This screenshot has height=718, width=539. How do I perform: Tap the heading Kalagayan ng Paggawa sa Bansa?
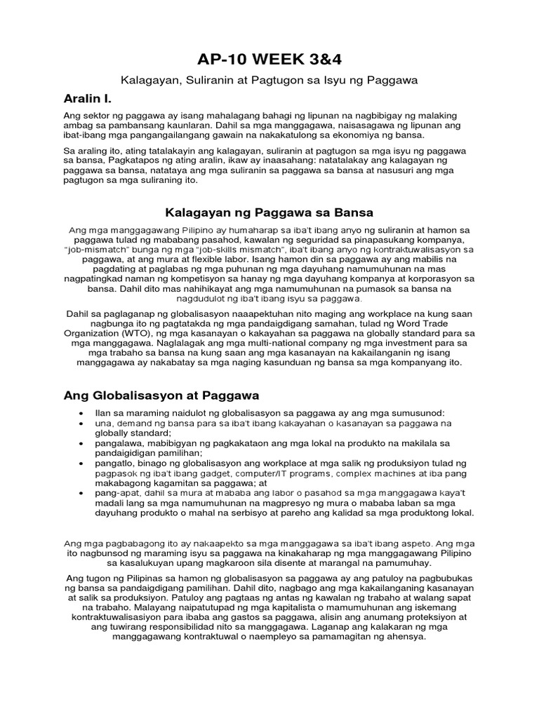(269, 212)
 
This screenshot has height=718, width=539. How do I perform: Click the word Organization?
(91, 332)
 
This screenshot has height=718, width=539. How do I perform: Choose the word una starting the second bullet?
(102, 424)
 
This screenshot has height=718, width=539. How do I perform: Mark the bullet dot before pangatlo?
(84, 463)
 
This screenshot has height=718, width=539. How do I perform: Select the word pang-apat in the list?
(117, 493)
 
